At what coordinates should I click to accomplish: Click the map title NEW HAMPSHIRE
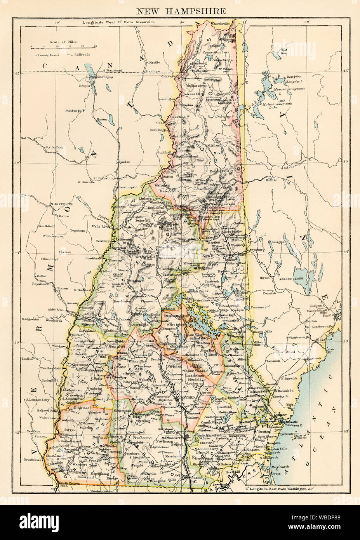180,11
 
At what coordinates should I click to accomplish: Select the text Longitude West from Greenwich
118,23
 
